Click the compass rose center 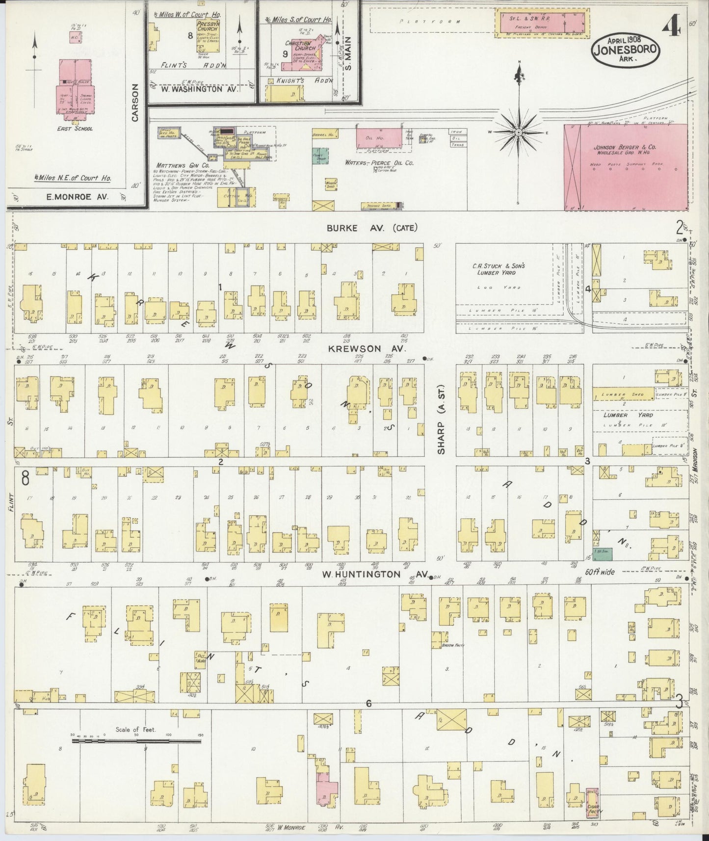pyautogui.click(x=519, y=132)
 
